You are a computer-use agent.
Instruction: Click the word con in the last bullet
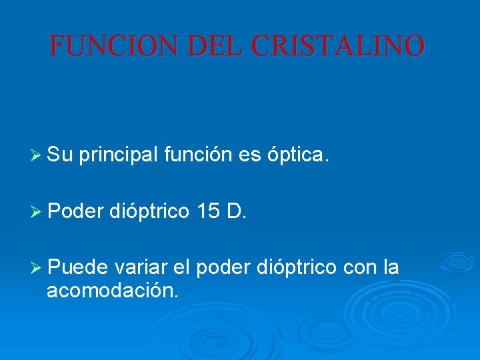pos(361,267)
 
